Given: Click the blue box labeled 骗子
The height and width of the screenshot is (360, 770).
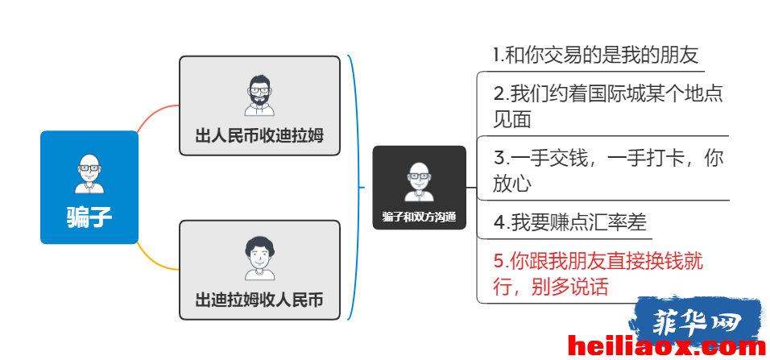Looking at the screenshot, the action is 89,187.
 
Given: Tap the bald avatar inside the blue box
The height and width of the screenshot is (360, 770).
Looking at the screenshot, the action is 89,173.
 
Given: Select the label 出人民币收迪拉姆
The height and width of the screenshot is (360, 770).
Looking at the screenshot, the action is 259,135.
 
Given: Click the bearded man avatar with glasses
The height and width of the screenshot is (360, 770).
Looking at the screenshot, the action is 259,96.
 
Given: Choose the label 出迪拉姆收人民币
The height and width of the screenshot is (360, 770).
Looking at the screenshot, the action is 259,300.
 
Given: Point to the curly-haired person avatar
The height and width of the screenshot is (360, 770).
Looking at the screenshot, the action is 260,259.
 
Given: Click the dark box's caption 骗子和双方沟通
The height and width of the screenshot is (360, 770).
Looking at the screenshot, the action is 419,217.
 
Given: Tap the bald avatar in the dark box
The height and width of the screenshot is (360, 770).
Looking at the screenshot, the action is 419,182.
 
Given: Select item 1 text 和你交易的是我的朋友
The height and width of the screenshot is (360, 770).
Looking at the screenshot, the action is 596,55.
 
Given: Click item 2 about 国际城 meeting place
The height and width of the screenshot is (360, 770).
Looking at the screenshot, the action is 608,106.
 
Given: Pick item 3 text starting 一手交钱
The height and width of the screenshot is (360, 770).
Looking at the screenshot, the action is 608,171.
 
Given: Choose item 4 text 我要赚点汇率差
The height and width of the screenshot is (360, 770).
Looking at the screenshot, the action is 569,222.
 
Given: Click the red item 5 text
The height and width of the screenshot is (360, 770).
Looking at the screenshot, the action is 598,274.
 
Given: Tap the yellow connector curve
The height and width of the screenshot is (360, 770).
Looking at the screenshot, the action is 156,259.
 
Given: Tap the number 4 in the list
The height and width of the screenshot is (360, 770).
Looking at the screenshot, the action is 499,223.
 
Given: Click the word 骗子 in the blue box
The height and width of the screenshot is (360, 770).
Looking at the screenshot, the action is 89,217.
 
